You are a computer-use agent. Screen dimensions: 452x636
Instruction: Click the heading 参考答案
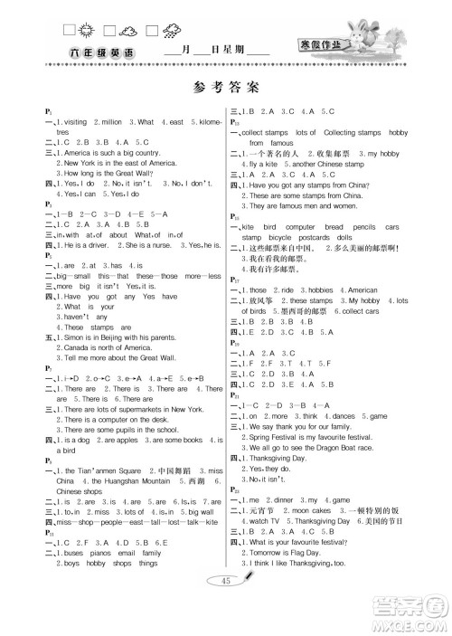226,88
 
